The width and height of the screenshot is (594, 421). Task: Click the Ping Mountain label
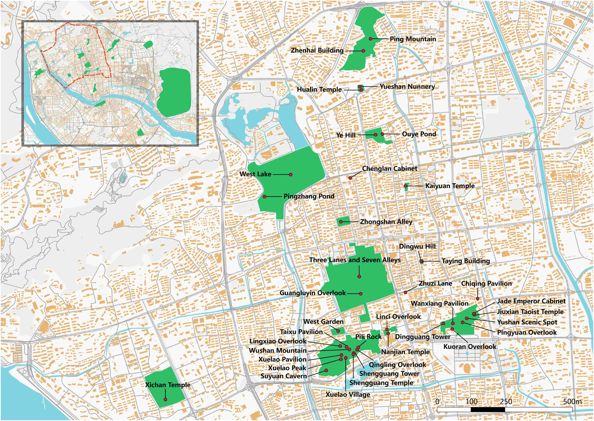coord(413,39)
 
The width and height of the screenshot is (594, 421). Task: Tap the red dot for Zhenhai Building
coord(363,51)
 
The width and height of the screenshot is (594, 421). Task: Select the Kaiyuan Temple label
coord(450,186)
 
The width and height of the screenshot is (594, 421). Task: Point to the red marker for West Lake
coord(291,174)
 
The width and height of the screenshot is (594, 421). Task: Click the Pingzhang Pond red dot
coord(264,197)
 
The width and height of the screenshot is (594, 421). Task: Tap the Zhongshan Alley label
coord(386,222)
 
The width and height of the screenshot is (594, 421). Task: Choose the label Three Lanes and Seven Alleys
coord(355,260)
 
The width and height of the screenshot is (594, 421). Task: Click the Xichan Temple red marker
coord(165,400)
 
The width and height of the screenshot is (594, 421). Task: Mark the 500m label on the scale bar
coord(572,402)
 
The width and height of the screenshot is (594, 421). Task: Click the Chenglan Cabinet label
coord(389,169)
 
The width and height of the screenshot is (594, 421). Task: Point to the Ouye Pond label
coord(419,134)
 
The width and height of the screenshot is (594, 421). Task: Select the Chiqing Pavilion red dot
coord(477,299)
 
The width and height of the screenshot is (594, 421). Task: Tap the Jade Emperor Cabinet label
coord(531,301)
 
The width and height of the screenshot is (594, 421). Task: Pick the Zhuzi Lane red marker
coord(405,292)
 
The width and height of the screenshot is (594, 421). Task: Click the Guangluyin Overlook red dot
coord(360,294)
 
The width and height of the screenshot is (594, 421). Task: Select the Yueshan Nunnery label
coord(407,87)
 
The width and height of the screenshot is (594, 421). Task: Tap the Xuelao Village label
coord(348,395)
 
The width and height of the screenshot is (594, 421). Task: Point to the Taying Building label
coord(465,261)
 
